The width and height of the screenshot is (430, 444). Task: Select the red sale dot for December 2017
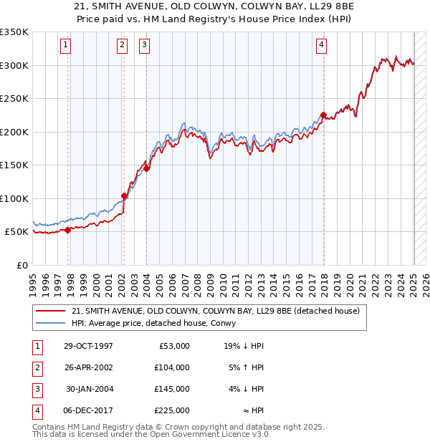323,115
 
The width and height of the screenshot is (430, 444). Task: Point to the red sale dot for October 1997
68,230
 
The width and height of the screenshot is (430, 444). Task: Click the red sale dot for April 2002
124,196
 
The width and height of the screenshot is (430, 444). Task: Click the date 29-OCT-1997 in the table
89,346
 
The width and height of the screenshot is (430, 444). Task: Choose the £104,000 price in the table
172,367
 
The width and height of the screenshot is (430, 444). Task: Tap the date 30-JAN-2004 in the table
89,389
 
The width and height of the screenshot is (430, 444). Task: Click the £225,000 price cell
172,410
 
